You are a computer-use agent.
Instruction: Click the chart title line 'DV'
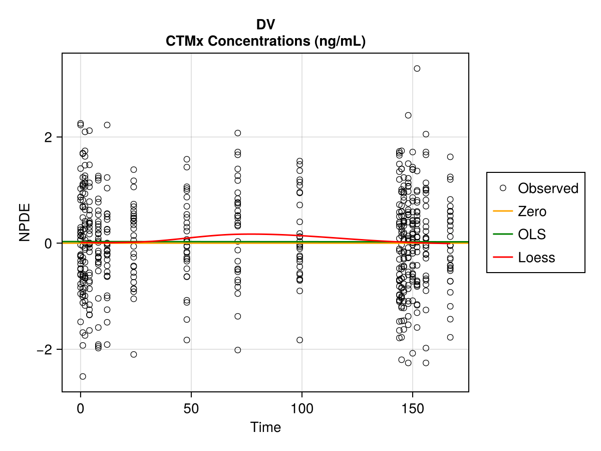point(265,25)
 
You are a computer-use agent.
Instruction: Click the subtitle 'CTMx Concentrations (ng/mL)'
point(265,42)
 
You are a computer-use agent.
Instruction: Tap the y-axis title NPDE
point(25,222)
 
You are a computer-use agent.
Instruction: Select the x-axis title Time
point(265,427)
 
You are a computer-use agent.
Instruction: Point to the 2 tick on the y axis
point(48,137)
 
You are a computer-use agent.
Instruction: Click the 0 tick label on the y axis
point(48,243)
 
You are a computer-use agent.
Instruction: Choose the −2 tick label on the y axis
point(45,349)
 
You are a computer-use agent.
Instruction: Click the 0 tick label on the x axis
point(81,408)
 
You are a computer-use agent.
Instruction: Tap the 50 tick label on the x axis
point(191,408)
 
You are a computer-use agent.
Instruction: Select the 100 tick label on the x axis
point(302,408)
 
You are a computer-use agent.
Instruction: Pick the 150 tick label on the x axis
point(412,408)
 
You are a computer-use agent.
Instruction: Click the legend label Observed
point(548,188)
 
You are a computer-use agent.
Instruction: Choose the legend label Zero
point(532,211)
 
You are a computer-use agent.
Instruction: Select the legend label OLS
point(532,235)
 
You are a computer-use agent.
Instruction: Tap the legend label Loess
point(536,258)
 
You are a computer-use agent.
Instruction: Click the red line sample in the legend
point(503,257)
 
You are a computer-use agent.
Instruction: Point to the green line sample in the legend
point(503,234)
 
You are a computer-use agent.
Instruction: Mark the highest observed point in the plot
point(417,69)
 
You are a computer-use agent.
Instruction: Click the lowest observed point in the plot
point(83,376)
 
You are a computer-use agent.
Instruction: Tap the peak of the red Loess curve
point(252,234)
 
